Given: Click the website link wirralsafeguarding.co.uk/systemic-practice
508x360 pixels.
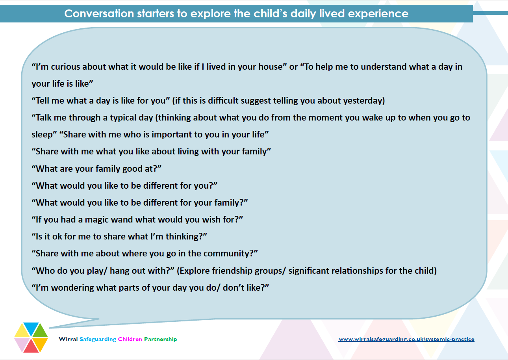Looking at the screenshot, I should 406,339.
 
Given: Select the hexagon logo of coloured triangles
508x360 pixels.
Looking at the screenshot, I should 31,337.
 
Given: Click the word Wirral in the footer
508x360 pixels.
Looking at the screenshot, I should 68,339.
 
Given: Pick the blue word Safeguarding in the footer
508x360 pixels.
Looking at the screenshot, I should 98,339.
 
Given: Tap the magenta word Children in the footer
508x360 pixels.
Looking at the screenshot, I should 130,339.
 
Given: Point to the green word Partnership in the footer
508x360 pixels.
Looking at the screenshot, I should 160,339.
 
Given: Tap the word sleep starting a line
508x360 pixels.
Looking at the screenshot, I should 42,134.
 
